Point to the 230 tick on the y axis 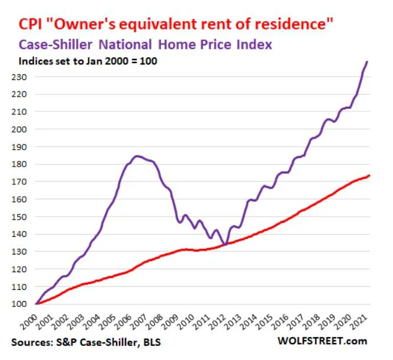pos(25,77)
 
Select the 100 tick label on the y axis pos(25,304)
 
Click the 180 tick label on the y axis pos(25,164)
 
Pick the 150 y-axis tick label pos(25,217)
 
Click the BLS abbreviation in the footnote pos(152,342)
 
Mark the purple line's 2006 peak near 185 pos(137,156)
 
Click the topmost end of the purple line pos(368,61)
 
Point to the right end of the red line pos(369,176)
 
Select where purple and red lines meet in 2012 pos(225,244)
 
